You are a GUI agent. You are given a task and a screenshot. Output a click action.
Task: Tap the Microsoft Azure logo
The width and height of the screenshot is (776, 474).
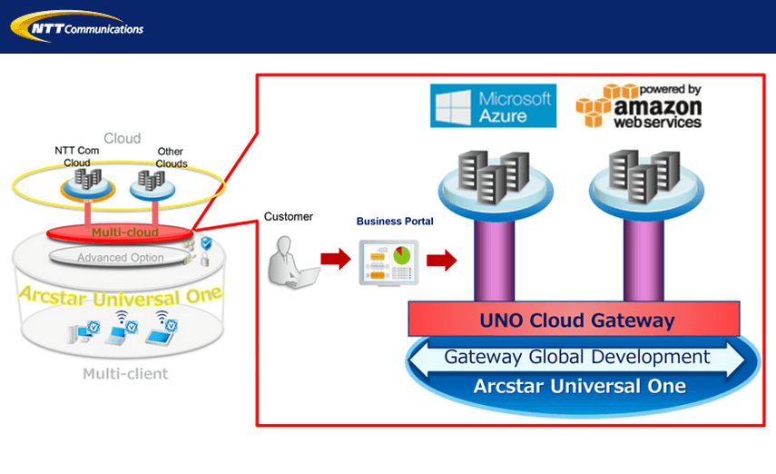click(x=492, y=105)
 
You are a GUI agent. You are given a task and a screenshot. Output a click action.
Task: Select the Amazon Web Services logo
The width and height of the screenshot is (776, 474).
click(x=639, y=105)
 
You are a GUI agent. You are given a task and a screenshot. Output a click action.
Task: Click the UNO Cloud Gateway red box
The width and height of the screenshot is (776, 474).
click(x=576, y=321)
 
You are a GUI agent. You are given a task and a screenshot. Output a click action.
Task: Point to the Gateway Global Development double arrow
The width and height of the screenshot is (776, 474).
click(x=576, y=357)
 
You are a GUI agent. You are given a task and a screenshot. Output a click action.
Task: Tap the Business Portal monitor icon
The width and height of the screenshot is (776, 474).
click(x=388, y=263)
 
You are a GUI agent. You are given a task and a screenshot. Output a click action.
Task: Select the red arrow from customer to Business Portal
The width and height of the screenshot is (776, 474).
click(x=335, y=261)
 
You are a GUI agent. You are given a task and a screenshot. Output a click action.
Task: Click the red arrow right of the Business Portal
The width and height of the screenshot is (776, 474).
click(x=441, y=261)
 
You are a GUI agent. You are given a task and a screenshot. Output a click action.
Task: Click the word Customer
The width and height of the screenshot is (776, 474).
click(x=288, y=216)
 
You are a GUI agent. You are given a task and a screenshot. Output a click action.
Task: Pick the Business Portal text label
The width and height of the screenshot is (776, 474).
click(x=395, y=222)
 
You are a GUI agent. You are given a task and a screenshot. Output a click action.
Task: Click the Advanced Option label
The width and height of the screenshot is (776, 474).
click(x=121, y=258)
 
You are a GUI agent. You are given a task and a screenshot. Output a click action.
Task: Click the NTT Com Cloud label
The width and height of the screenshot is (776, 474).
click(x=77, y=156)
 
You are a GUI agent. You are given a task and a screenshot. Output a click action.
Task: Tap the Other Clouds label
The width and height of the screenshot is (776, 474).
click(x=171, y=157)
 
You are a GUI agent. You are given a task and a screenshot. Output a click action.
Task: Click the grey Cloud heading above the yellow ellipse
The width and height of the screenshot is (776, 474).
click(x=122, y=138)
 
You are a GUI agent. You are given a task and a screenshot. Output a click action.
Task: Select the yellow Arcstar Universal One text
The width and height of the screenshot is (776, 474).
click(x=122, y=294)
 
